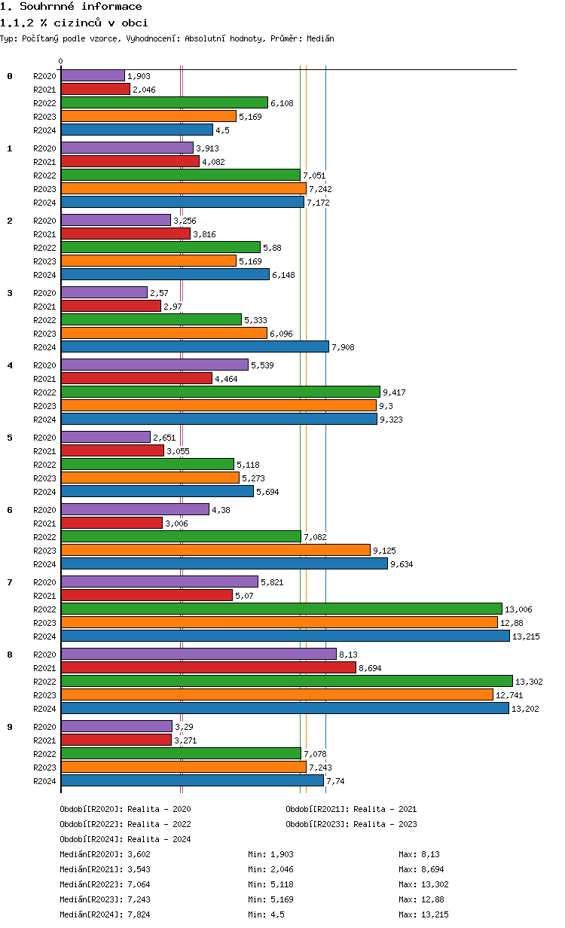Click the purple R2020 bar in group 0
tap(93, 75)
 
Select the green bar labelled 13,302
tap(286, 681)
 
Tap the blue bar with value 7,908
tap(195, 346)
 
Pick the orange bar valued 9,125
tap(215, 550)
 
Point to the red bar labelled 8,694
tap(208, 667)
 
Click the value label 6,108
tap(282, 103)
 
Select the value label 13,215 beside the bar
tap(526, 636)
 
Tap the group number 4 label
tap(10, 365)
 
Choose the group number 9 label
tap(10, 727)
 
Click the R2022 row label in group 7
tap(45, 609)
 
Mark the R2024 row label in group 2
tap(45, 275)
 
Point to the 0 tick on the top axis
tap(61, 62)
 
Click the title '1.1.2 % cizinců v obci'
tap(74, 23)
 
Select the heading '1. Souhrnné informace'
tap(71, 7)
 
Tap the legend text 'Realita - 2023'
tap(385, 824)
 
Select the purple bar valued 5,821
tap(159, 582)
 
